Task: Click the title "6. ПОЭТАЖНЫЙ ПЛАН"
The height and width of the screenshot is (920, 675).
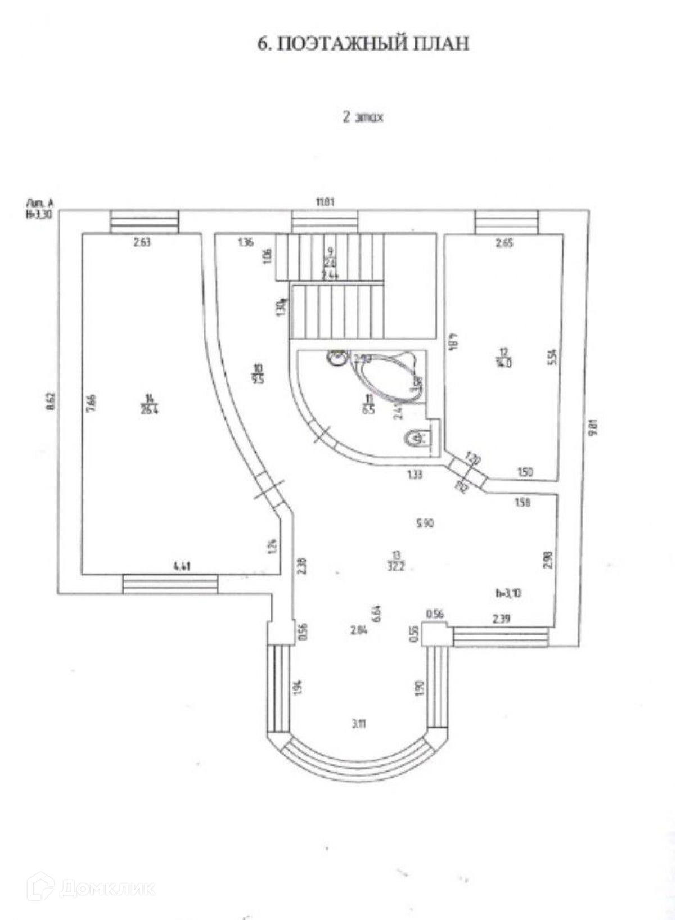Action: pyautogui.click(x=363, y=44)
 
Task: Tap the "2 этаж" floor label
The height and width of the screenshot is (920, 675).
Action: pyautogui.click(x=363, y=118)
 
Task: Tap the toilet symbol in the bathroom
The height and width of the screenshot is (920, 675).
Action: pyautogui.click(x=417, y=437)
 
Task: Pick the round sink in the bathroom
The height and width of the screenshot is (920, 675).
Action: pyautogui.click(x=337, y=357)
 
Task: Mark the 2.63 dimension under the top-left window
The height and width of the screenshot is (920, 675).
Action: pyautogui.click(x=142, y=243)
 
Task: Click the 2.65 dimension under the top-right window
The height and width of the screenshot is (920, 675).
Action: pyautogui.click(x=504, y=243)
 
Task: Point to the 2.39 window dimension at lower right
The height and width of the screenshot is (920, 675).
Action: pyautogui.click(x=502, y=619)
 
